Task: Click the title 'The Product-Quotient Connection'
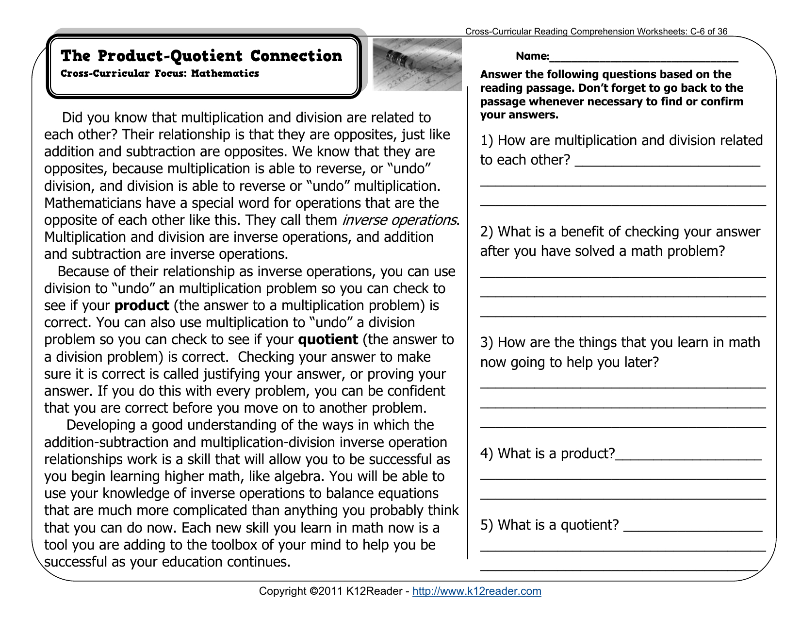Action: [201, 56]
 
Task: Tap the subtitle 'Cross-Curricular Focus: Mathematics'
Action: [160, 74]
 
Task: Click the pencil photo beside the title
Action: [417, 65]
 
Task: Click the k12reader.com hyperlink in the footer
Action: [476, 591]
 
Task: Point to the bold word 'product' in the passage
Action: [142, 306]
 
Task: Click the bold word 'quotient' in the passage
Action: [328, 340]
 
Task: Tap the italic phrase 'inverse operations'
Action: [399, 220]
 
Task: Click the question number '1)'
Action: [487, 141]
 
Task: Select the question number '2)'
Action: [487, 232]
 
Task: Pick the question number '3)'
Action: [487, 343]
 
